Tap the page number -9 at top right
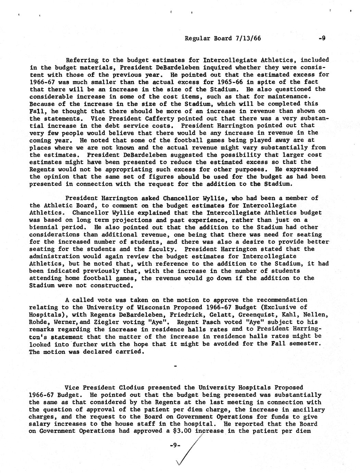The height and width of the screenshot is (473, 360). pos(321,38)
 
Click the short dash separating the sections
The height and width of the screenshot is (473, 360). pos(175,367)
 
